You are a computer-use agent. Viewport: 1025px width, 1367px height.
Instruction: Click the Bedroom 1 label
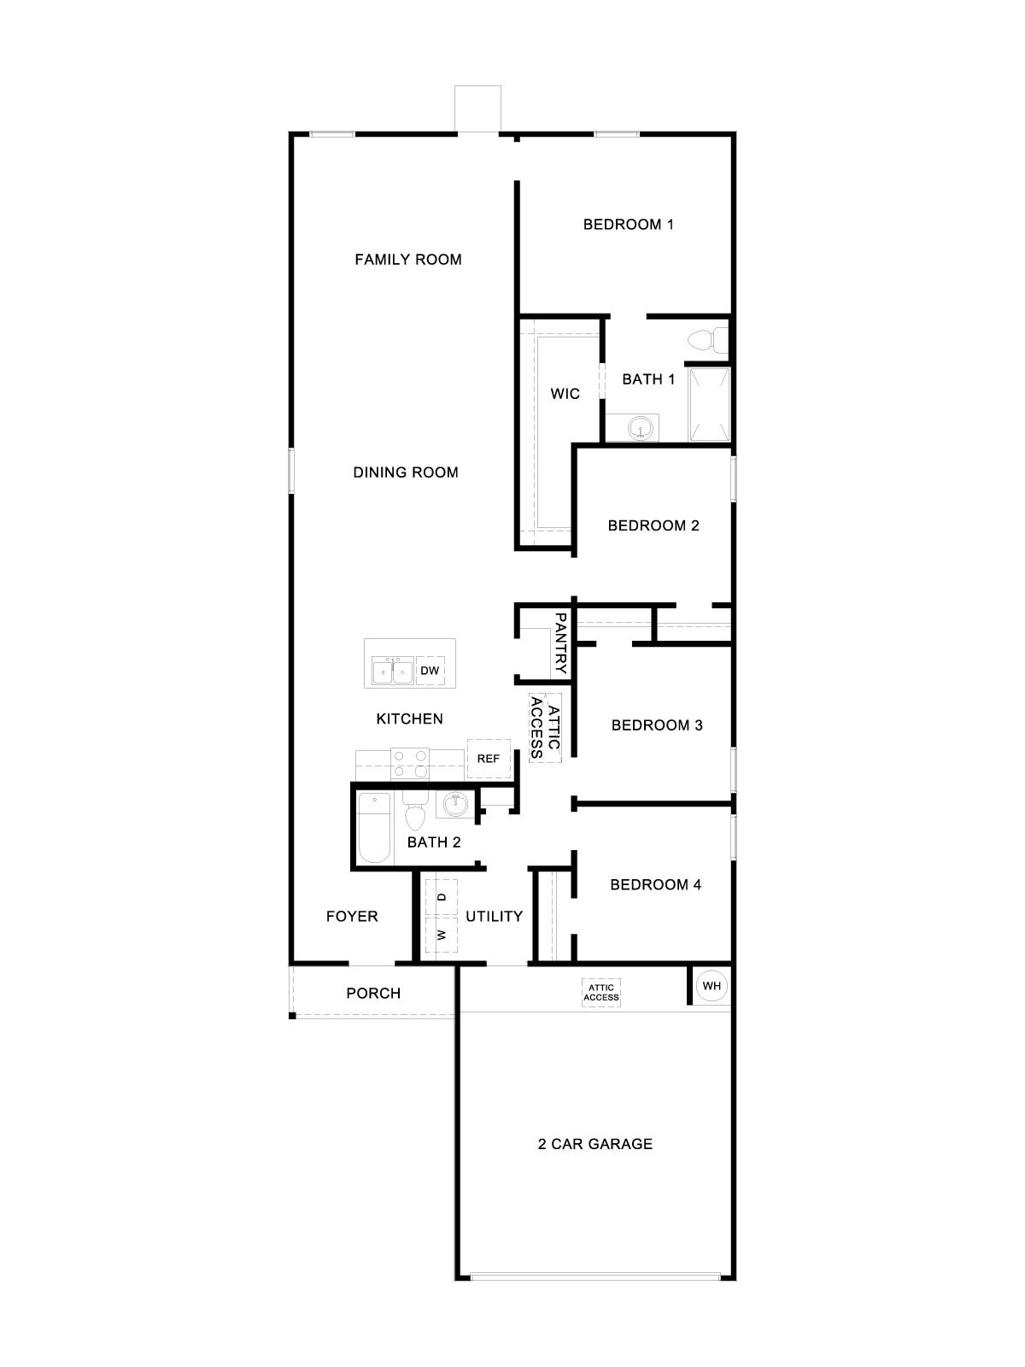628,225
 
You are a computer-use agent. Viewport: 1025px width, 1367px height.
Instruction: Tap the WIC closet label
565,394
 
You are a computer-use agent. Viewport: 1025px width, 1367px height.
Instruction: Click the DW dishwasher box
430,671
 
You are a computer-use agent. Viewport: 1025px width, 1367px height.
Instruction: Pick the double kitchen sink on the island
392,671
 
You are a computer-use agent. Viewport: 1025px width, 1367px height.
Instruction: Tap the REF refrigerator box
488,759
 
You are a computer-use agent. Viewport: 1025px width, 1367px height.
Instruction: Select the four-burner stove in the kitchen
409,762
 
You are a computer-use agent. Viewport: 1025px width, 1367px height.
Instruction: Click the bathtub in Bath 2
373,828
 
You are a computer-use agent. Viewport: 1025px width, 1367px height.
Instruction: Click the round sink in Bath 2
454,804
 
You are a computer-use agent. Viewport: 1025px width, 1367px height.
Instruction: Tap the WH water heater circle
712,986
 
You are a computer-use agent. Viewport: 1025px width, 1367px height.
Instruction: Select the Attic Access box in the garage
601,993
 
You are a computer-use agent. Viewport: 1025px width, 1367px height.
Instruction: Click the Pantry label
561,643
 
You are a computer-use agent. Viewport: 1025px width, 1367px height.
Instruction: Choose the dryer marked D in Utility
442,897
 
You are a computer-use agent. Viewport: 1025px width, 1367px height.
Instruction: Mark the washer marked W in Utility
442,935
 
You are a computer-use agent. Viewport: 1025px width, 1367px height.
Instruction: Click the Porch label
373,993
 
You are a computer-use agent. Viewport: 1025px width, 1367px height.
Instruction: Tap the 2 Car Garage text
594,1143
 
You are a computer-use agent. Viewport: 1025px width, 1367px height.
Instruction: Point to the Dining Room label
406,472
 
